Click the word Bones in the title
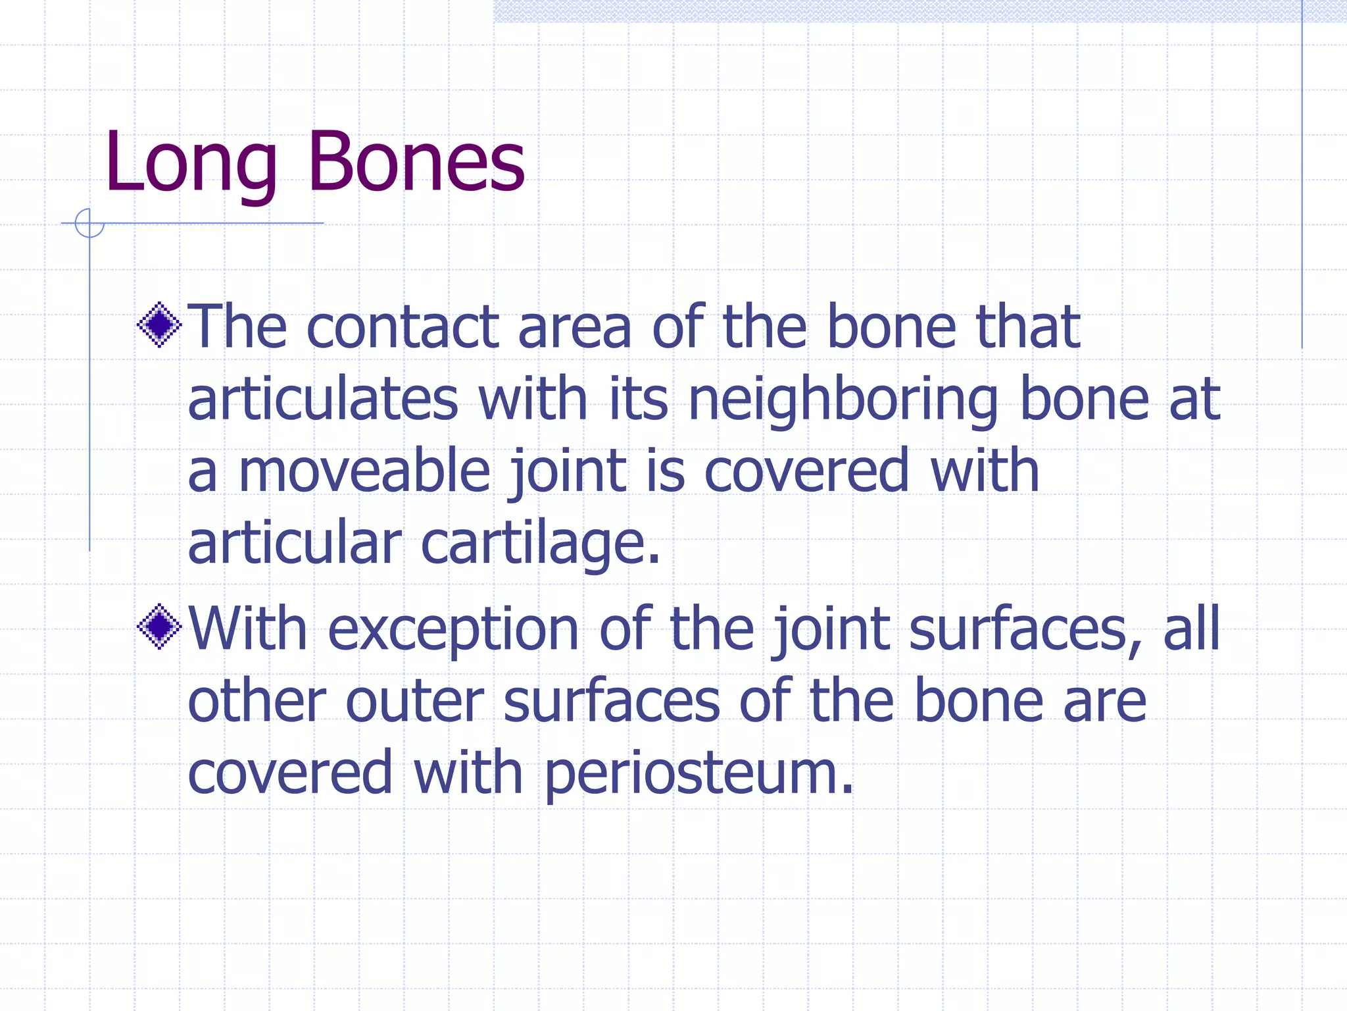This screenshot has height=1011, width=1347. [416, 162]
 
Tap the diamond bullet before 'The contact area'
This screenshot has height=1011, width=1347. [159, 324]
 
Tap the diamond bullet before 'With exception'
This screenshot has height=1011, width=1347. [159, 627]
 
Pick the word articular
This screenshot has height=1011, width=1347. [294, 543]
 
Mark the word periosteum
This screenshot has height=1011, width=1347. [698, 773]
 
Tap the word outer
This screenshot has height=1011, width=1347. [414, 702]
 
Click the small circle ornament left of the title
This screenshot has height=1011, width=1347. [89, 223]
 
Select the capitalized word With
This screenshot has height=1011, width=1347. [248, 629]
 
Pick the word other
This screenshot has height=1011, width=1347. [257, 702]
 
